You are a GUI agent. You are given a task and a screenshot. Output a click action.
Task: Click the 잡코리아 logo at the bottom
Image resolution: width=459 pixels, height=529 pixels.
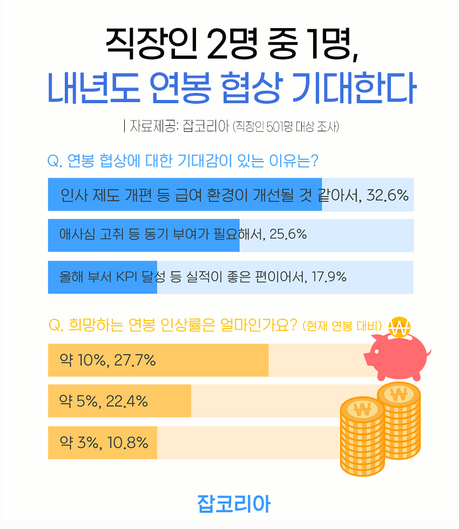(x=233, y=503)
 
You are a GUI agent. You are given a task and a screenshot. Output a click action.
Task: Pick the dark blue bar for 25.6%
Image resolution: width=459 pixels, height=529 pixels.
(x=143, y=235)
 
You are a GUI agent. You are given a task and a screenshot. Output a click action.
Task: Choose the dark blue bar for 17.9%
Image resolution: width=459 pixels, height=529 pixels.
(x=102, y=277)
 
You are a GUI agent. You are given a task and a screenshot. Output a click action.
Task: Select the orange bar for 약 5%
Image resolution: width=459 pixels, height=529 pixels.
(x=119, y=401)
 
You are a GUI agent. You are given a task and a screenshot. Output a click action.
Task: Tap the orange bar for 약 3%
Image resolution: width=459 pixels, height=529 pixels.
(x=102, y=443)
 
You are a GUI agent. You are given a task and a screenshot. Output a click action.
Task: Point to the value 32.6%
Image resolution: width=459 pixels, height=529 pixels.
(x=387, y=195)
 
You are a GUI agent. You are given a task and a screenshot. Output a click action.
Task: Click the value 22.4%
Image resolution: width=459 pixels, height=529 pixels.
(x=126, y=401)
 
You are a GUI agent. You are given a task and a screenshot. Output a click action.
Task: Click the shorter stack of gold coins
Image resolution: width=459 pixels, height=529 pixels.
(x=362, y=438)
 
